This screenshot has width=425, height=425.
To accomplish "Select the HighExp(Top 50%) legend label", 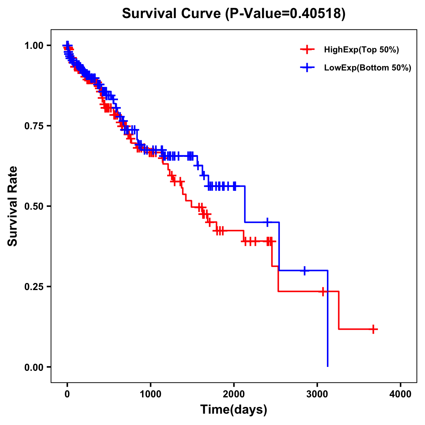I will (361, 50).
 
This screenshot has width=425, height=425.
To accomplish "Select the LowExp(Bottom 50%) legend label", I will (367, 68).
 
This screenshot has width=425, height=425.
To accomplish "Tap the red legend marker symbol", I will (307, 50).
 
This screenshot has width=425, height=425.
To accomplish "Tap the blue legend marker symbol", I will (307, 68).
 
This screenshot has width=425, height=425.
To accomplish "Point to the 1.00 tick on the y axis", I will (33, 46).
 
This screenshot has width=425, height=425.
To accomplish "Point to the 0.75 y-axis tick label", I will (33, 126).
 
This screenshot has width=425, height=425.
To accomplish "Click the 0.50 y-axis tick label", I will (33, 206).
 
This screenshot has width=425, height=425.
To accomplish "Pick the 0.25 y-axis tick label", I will (33, 287).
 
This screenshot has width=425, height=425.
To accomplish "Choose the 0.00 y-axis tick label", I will (33, 367).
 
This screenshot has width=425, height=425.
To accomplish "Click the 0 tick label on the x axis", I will (67, 394).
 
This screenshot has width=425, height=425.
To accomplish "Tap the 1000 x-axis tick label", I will (151, 394).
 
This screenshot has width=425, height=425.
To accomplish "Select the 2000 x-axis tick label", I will (234, 394).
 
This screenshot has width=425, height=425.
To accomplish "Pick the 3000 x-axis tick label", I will (317, 394).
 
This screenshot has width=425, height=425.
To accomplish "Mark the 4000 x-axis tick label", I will (401, 394).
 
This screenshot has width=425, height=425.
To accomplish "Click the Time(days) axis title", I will (234, 410).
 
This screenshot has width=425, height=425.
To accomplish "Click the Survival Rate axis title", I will (13, 206).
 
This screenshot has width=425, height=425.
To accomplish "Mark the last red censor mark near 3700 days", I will (373, 329).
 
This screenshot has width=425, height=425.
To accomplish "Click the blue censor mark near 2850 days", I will (305, 270).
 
